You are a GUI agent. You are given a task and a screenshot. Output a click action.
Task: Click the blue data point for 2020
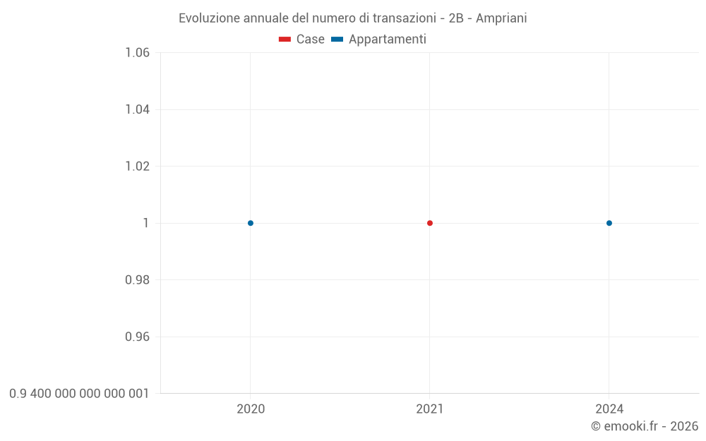click(251, 223)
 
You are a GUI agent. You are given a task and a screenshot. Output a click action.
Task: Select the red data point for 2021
click(430, 223)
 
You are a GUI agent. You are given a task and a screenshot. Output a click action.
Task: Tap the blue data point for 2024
click(609, 223)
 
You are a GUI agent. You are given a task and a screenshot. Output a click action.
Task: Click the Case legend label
click(310, 40)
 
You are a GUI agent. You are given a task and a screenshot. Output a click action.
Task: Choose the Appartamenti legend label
click(387, 40)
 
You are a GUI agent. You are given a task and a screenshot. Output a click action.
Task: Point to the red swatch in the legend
click(285, 40)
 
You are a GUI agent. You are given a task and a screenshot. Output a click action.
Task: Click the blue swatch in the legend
click(337, 40)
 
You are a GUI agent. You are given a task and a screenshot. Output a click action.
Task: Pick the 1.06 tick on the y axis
click(137, 53)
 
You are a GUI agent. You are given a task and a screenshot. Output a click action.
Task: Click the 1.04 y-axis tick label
click(137, 109)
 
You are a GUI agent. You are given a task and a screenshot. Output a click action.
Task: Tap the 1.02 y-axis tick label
click(137, 167)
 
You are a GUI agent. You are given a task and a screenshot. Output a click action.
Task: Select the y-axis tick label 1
click(146, 223)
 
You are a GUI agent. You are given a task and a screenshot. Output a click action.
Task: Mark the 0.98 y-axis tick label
click(137, 280)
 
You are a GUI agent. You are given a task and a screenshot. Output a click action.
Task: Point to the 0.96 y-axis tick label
click(137, 337)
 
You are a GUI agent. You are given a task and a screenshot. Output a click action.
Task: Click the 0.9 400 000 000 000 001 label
click(79, 394)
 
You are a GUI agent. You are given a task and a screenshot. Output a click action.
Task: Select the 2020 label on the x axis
click(251, 409)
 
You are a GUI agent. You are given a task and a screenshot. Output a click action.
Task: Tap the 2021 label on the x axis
click(430, 409)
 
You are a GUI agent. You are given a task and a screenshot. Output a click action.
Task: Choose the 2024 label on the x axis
click(609, 409)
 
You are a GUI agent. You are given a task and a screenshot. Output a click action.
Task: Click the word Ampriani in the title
click(501, 18)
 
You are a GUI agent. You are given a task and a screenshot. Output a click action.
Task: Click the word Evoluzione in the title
click(209, 18)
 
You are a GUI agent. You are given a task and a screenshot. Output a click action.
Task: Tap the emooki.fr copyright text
click(645, 426)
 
